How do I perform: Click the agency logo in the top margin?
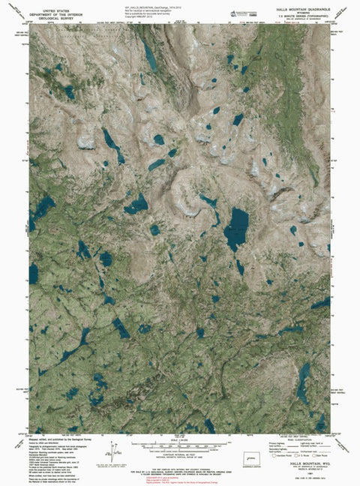242,10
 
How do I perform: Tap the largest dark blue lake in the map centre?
237,228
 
